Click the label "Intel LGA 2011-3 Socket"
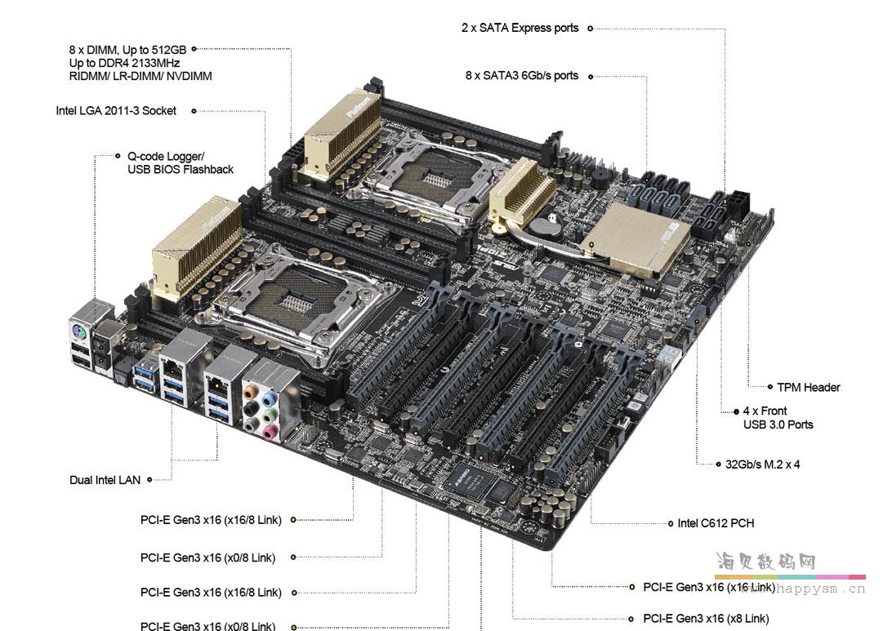116,111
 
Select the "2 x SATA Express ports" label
520,28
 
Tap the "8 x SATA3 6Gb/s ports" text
521,75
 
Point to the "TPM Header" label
808,387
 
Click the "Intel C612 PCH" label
716,522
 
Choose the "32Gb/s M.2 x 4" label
762,464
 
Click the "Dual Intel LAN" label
105,480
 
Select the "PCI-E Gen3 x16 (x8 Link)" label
706,619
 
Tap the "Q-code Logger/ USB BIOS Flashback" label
180,162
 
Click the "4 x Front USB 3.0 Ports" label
778,418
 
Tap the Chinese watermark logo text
765,562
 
